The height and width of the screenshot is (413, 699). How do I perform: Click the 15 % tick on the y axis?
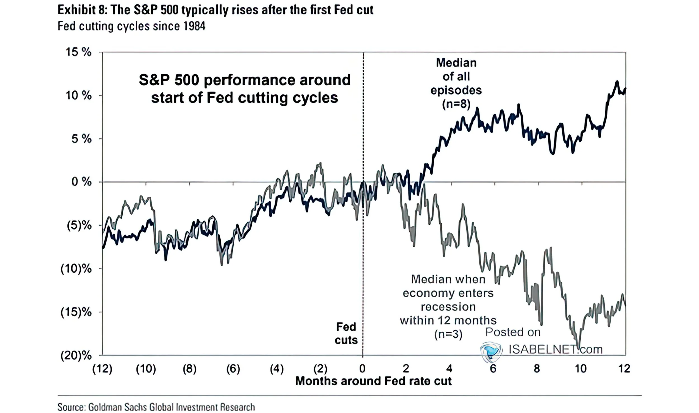78,52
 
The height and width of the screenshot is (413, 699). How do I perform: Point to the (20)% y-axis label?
76,356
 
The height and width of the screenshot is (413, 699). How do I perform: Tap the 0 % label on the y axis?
81,182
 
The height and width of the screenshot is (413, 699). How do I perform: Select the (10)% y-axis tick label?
76,269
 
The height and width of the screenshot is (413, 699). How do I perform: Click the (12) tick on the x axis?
102,369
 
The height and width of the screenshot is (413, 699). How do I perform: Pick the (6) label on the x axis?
233,369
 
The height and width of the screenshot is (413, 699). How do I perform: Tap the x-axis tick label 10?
580,369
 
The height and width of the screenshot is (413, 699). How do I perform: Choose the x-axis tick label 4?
449,369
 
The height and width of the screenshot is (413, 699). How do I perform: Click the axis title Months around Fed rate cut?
373,381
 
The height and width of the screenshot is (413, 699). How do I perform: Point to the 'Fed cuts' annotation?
346,333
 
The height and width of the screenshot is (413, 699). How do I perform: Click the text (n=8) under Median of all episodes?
456,104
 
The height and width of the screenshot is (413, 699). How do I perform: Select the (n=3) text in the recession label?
448,334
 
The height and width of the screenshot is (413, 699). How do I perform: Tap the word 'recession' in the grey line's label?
448,307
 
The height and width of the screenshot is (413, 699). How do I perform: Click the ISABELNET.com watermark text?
555,350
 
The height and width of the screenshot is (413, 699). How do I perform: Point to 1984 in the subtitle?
195,26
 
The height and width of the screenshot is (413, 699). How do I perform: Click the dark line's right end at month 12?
625,89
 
